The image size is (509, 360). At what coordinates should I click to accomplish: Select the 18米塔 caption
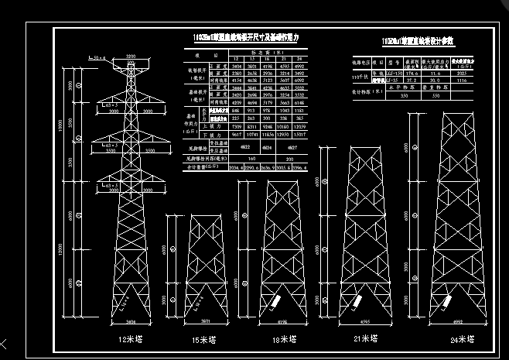[x=285, y=338]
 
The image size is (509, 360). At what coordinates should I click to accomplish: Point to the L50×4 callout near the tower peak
[x=97, y=58]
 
